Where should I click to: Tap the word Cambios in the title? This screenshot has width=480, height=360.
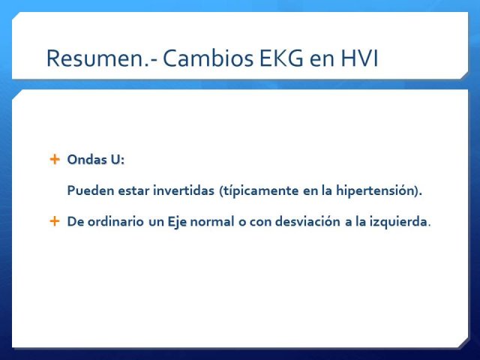(208, 58)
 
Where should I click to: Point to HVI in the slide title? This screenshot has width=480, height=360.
(359, 58)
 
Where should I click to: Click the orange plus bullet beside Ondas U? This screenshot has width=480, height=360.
(55, 159)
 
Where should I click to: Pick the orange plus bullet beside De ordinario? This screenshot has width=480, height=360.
(55, 221)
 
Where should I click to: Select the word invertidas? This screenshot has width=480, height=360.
(184, 190)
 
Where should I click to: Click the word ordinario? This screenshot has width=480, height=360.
(115, 221)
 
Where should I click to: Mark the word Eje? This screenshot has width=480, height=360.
(177, 222)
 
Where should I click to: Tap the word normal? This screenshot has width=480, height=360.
(212, 221)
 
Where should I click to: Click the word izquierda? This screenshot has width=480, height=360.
(398, 222)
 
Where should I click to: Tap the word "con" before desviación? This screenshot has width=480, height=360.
(260, 222)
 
